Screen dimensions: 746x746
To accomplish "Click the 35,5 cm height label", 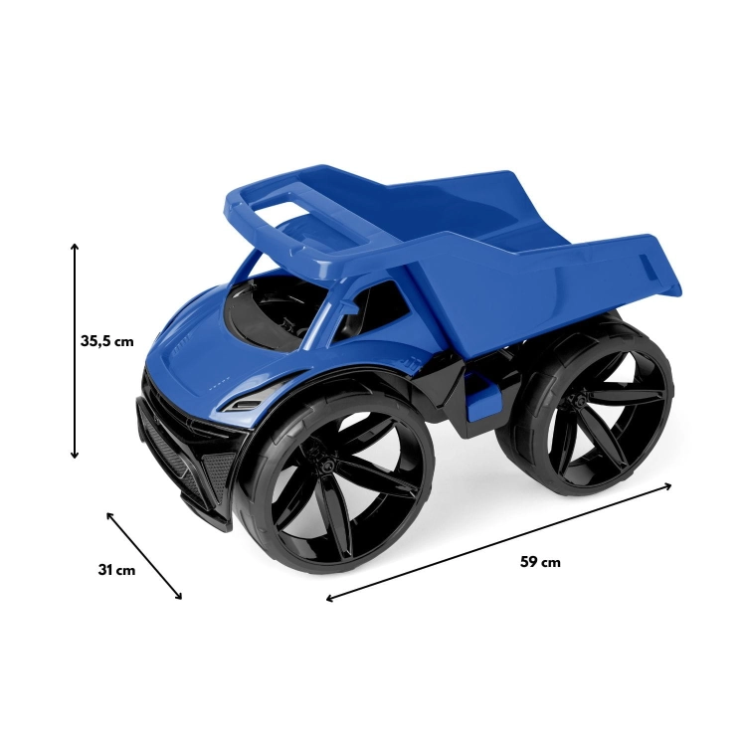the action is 107,341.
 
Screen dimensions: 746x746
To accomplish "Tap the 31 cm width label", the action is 116,570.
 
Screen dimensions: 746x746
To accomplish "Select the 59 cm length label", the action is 540,562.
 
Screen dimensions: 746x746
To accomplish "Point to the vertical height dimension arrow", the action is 75,351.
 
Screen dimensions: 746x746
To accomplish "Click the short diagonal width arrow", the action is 144,556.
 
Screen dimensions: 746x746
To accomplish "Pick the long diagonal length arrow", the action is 498,542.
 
